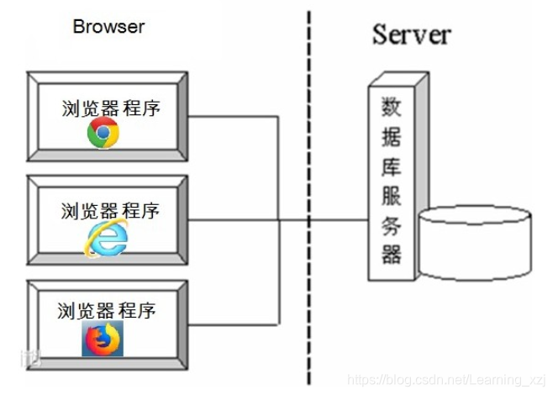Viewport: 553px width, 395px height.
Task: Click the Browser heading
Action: [108, 27]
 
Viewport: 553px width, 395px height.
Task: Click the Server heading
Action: [412, 34]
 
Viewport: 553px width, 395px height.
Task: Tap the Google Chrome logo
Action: [103, 133]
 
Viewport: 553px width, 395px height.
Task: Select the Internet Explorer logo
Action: [106, 238]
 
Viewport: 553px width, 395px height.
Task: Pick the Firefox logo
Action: [103, 339]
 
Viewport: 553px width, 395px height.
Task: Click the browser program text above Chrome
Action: [111, 108]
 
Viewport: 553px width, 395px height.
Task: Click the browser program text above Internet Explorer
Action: [110, 211]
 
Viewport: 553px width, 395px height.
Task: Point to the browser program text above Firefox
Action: [107, 311]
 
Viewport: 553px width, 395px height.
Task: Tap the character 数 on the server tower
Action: [392, 107]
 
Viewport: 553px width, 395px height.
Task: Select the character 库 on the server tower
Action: [392, 166]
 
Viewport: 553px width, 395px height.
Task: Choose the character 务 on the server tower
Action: [392, 226]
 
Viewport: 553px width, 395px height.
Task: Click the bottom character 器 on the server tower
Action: [392, 255]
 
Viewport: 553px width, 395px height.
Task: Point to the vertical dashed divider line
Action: [309, 197]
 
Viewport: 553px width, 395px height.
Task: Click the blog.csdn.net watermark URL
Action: [446, 380]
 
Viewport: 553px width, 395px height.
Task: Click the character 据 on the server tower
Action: [392, 137]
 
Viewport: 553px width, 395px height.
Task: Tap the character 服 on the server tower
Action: [392, 196]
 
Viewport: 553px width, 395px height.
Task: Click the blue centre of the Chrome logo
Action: [103, 133]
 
